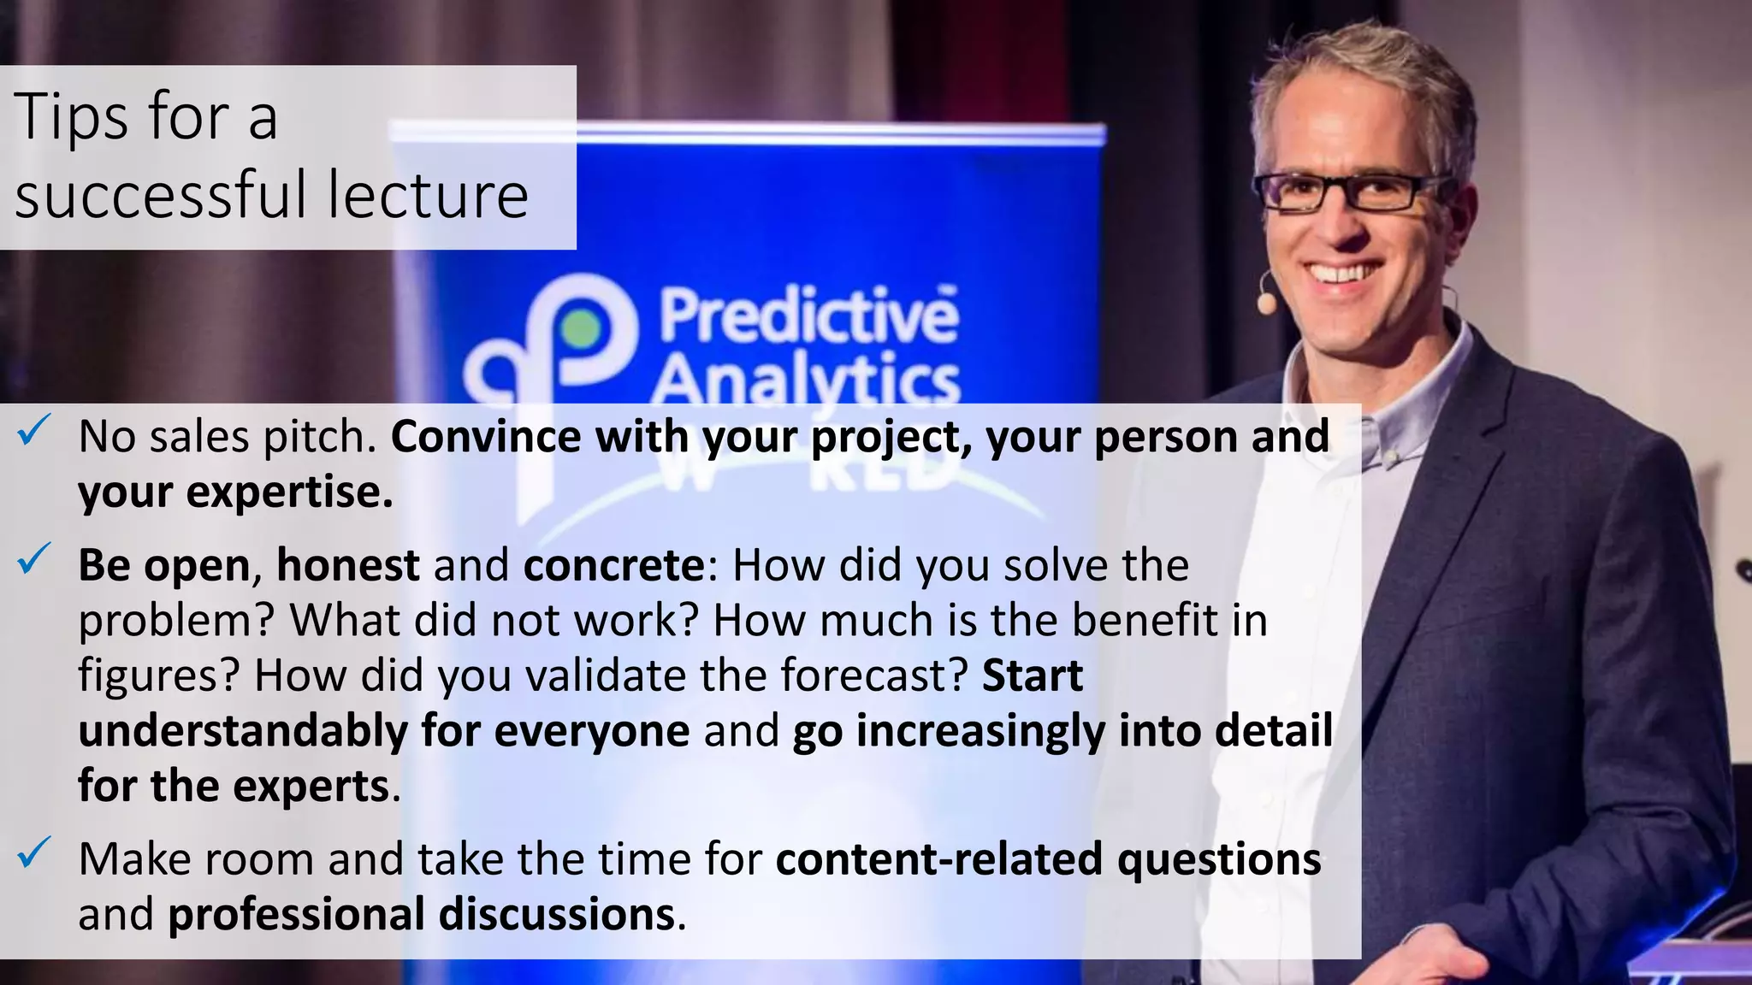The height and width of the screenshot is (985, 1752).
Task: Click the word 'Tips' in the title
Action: [72, 117]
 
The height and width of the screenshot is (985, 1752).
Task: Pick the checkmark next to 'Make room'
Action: [36, 852]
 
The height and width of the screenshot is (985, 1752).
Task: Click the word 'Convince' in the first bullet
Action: [486, 437]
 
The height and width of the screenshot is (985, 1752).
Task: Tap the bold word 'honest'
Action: [347, 566]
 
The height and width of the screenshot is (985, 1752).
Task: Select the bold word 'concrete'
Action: [613, 566]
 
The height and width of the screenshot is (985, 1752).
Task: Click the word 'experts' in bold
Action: [311, 786]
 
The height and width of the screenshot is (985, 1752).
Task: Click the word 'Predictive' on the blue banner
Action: [808, 316]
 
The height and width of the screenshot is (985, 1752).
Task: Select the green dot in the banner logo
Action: [581, 329]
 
